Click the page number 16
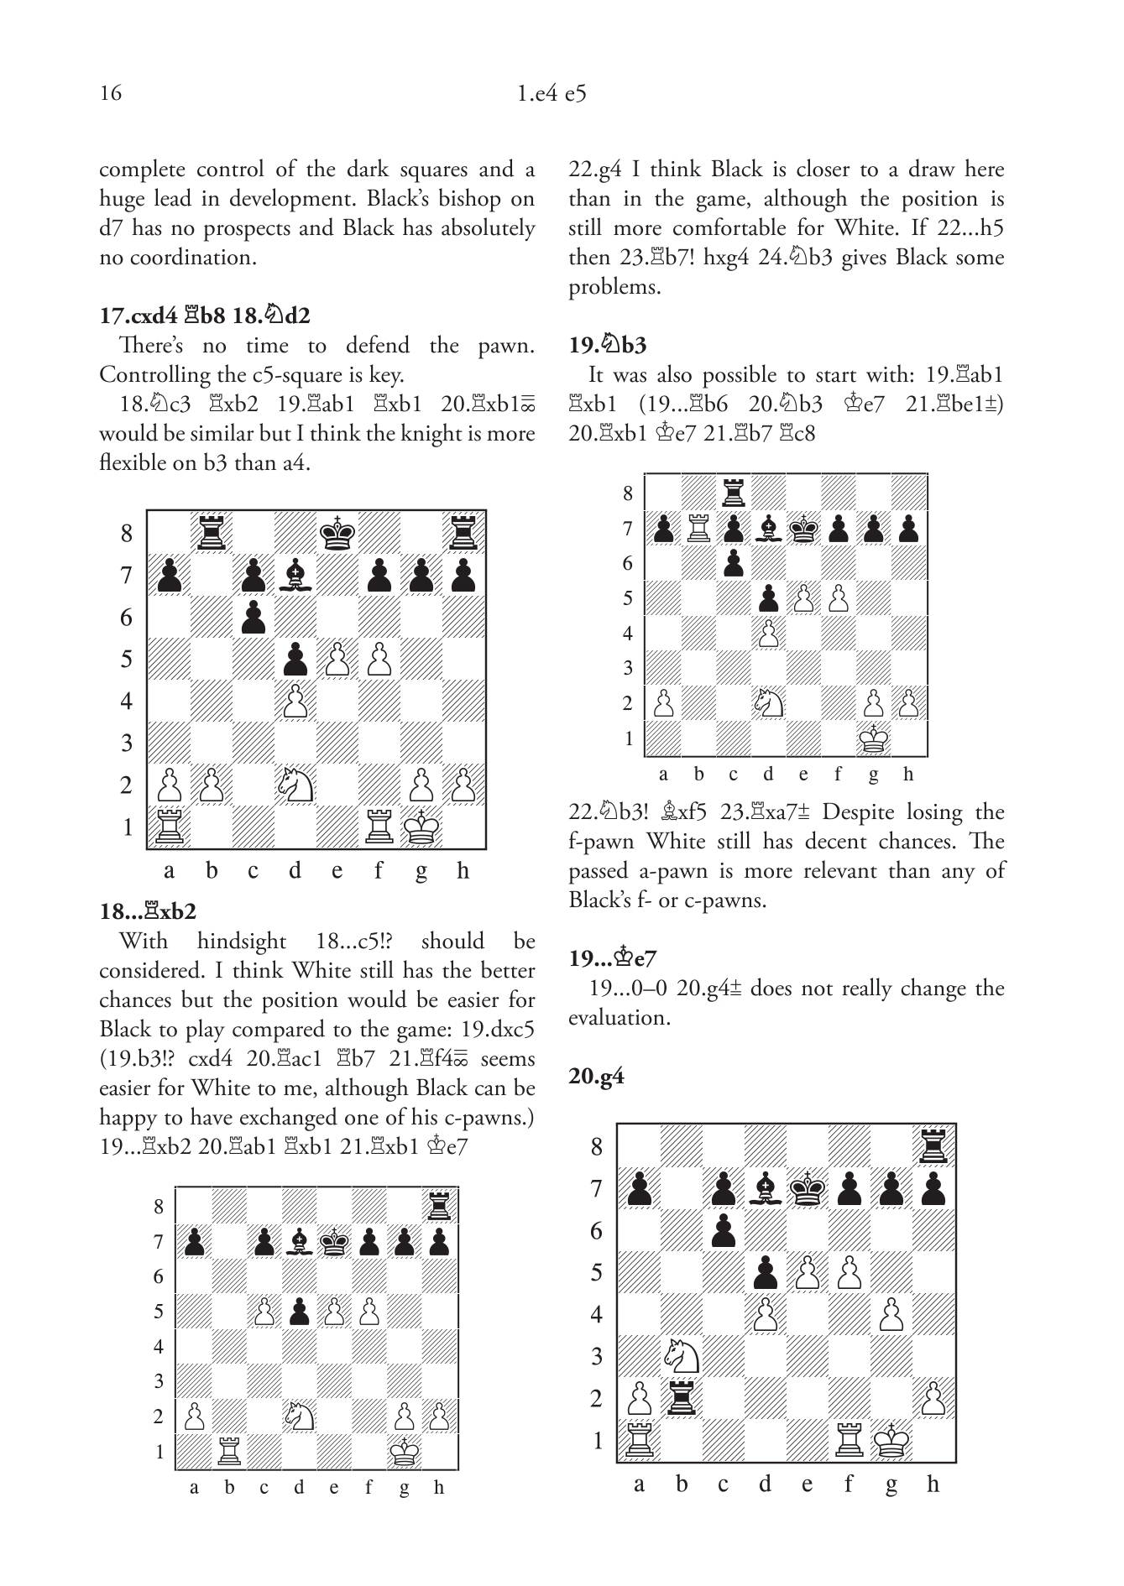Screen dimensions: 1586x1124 [x=111, y=92]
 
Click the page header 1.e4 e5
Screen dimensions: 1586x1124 [x=552, y=93]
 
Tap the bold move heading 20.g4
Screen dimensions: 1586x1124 [x=596, y=1077]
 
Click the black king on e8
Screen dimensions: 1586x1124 [x=337, y=534]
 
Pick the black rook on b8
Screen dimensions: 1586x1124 [x=212, y=534]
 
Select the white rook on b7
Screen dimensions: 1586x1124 [x=698, y=529]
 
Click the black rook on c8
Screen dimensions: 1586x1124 [x=734, y=493]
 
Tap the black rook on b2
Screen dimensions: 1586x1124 [x=681, y=1398]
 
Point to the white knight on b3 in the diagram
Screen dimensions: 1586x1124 [x=681, y=1356]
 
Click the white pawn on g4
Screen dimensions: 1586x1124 [x=891, y=1314]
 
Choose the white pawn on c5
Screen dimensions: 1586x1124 [x=264, y=1312]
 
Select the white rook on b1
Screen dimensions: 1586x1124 [x=228, y=1451]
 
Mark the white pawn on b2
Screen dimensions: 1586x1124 [x=212, y=785]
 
